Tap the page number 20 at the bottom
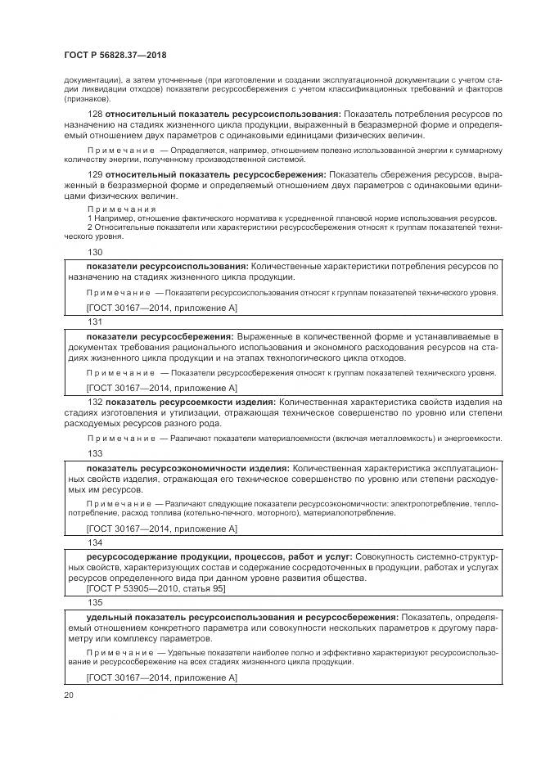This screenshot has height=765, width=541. (69, 695)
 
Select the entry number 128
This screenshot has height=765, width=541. (94, 113)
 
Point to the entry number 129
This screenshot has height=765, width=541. (94, 174)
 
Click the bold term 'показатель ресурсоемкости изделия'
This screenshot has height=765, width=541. (191, 403)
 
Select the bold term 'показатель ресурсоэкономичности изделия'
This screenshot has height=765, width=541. (187, 467)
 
